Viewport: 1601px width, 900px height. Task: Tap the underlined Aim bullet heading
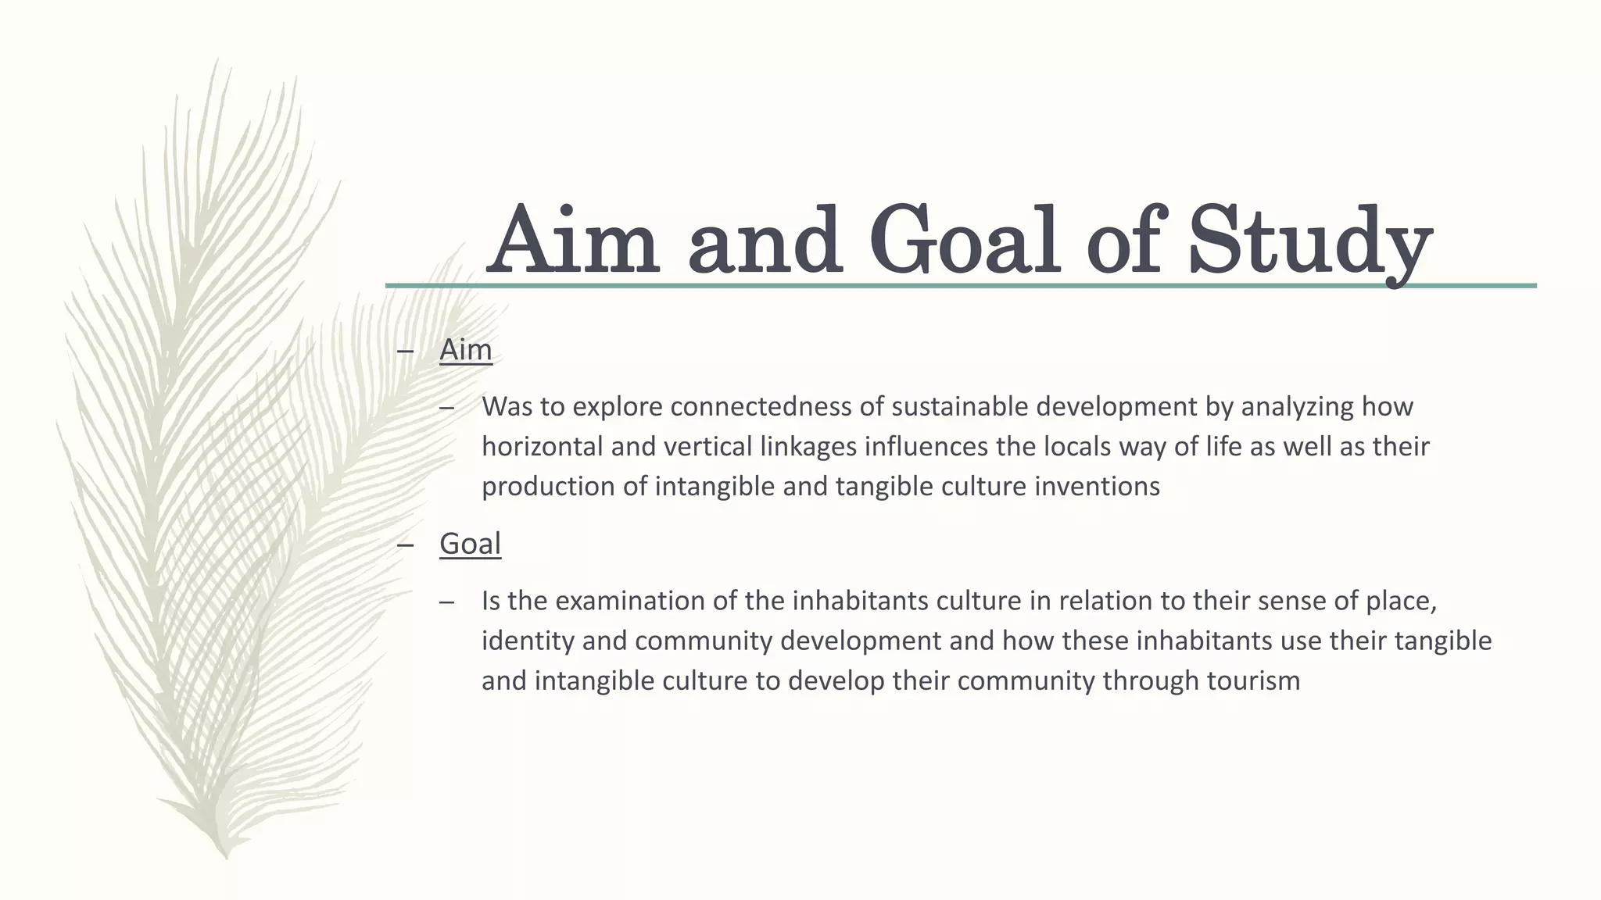pos(466,350)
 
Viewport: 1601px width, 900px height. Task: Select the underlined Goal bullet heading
pos(470,544)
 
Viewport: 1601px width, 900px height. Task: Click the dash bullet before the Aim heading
pos(405,351)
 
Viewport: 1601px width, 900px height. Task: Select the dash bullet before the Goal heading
pos(405,545)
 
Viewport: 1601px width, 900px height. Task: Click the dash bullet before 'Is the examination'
pos(447,602)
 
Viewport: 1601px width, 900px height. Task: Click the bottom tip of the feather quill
pos(227,856)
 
